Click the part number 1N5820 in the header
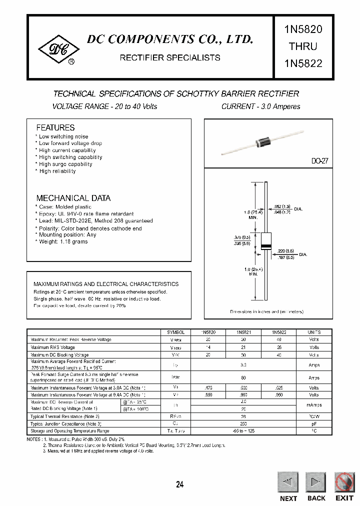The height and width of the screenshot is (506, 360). [303, 29]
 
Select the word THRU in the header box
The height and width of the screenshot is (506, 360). [303, 46]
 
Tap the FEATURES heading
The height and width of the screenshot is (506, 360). [55, 127]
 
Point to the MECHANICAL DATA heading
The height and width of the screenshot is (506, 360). [73, 198]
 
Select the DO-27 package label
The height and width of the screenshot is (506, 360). [319, 161]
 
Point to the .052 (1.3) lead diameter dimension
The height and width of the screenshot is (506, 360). [283, 206]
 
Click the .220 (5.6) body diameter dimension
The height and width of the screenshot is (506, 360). [287, 250]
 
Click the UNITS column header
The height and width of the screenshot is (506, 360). [313, 332]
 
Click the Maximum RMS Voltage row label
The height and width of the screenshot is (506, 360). [53, 347]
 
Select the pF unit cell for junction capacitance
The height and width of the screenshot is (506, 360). [313, 423]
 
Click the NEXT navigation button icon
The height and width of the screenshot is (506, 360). [287, 482]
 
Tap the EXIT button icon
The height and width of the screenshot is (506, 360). [344, 482]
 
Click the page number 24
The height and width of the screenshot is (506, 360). [180, 484]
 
